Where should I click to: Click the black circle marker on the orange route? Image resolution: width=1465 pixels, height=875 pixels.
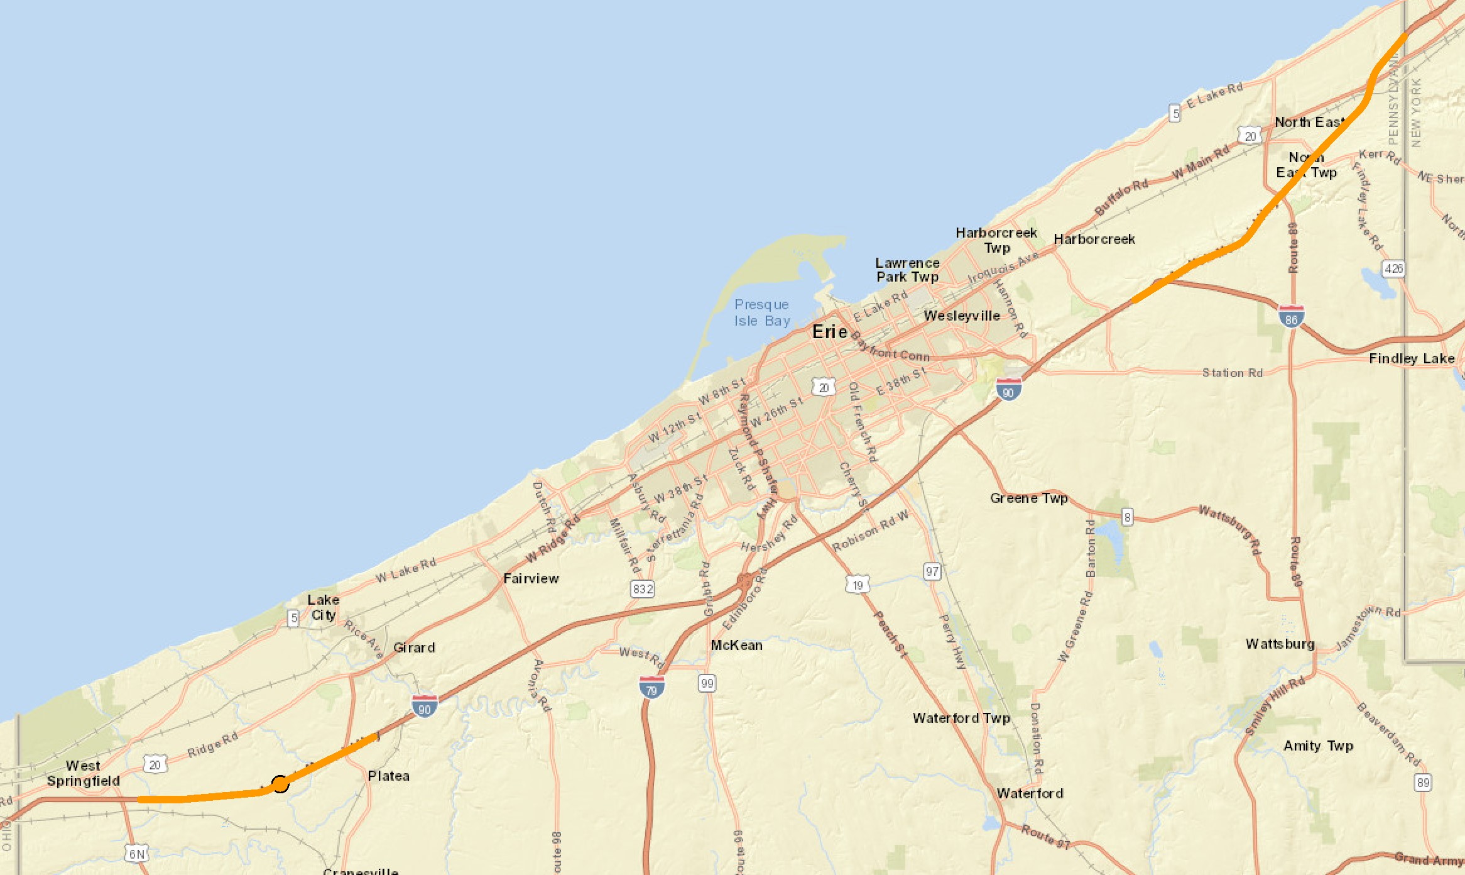pyautogui.click(x=280, y=784)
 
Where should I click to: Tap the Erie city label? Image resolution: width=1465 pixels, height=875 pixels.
pyautogui.click(x=829, y=332)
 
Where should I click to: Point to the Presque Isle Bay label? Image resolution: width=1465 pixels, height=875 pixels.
pyautogui.click(x=762, y=312)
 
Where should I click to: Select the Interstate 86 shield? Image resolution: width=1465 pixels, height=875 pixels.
pyautogui.click(x=1291, y=316)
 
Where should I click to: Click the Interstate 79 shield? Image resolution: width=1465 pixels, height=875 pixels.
pyautogui.click(x=651, y=687)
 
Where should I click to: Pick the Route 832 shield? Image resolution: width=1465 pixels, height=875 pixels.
pyautogui.click(x=642, y=589)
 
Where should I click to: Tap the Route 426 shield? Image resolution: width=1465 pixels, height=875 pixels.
pyautogui.click(x=1393, y=268)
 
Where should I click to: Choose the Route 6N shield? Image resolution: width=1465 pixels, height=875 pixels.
pyautogui.click(x=136, y=854)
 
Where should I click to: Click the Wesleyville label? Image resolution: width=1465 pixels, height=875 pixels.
pyautogui.click(x=962, y=316)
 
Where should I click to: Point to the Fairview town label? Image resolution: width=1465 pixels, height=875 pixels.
pyautogui.click(x=531, y=578)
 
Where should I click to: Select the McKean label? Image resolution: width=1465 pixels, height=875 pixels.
pyautogui.click(x=736, y=645)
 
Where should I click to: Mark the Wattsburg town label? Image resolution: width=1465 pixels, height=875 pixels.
pyautogui.click(x=1280, y=644)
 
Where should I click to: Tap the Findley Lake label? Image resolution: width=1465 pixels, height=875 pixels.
pyautogui.click(x=1412, y=358)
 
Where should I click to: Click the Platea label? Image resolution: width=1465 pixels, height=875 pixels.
pyautogui.click(x=388, y=776)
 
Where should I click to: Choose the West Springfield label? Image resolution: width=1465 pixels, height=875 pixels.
pyautogui.click(x=83, y=773)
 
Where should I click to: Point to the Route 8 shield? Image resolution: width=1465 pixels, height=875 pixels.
pyautogui.click(x=1127, y=517)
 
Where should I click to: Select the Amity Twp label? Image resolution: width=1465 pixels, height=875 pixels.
pyautogui.click(x=1318, y=746)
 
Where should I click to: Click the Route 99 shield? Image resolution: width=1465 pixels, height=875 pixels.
pyautogui.click(x=707, y=683)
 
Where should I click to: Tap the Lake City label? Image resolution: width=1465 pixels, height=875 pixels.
pyautogui.click(x=323, y=607)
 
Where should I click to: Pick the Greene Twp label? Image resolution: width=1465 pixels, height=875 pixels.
pyautogui.click(x=1028, y=498)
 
